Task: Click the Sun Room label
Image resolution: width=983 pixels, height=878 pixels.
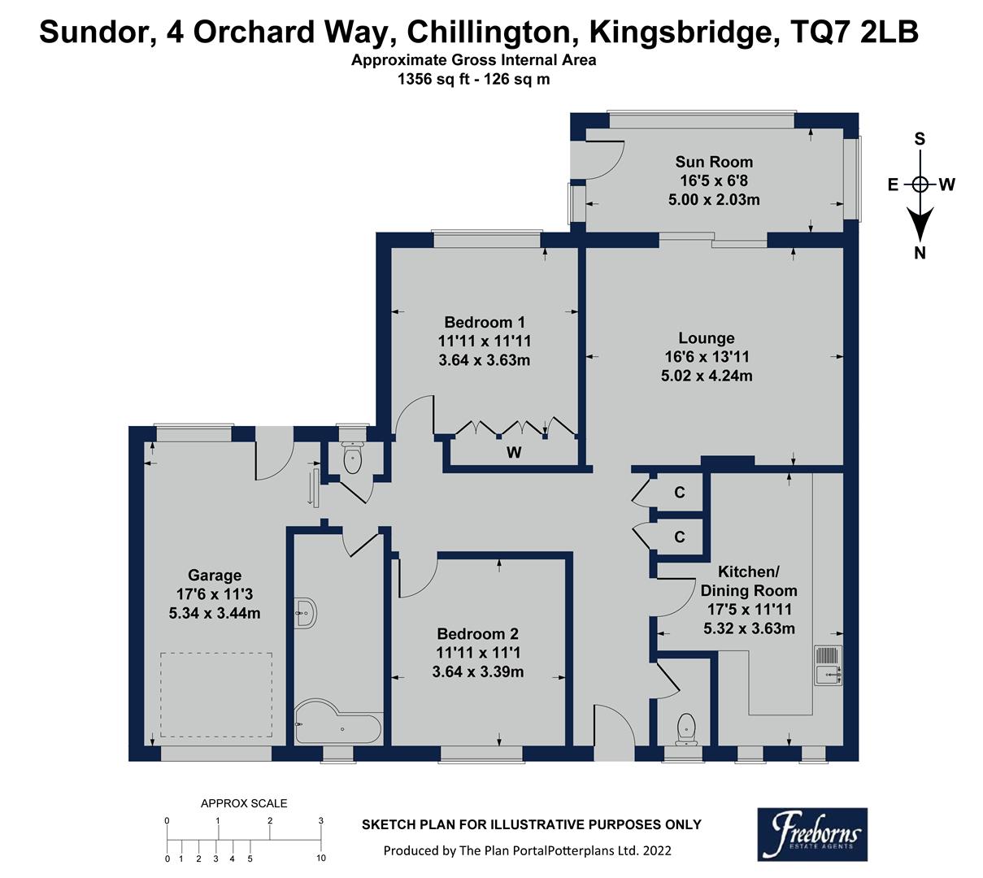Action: click(714, 162)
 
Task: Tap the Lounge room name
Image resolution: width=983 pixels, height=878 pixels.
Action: click(707, 338)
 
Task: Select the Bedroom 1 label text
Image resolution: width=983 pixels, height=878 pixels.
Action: click(484, 323)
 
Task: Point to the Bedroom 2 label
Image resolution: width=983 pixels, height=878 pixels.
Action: click(477, 634)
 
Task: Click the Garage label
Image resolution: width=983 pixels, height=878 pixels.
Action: click(215, 576)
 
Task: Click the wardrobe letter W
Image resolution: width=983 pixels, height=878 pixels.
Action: click(514, 453)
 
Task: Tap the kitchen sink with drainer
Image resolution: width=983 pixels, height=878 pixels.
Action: click(829, 665)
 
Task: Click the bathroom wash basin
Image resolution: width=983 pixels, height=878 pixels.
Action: click(307, 611)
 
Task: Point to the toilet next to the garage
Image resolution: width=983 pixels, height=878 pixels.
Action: click(353, 459)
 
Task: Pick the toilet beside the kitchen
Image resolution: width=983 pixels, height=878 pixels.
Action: click(686, 728)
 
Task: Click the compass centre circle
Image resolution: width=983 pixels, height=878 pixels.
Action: click(920, 185)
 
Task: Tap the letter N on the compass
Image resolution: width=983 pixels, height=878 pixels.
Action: click(920, 253)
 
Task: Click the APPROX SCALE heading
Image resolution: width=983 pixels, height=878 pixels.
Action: click(244, 803)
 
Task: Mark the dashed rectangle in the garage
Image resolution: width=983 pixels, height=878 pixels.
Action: click(216, 693)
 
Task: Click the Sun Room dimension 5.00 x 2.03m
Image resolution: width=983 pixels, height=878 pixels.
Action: click(714, 199)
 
